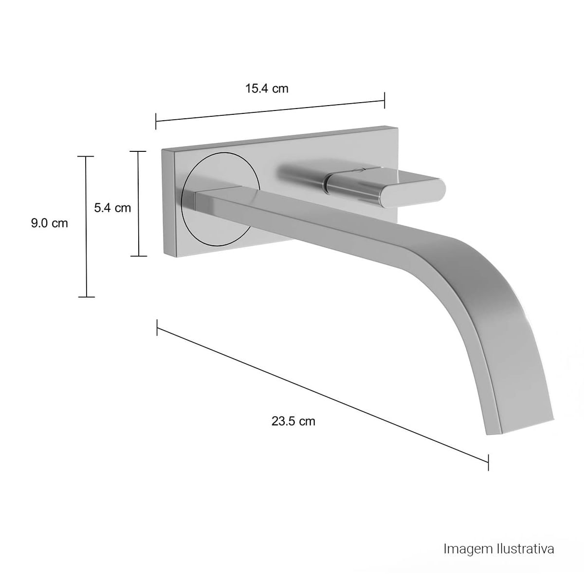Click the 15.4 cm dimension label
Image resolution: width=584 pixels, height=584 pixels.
(266, 89)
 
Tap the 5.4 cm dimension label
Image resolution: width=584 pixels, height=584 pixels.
(112, 208)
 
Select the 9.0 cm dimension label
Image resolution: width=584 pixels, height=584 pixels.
(50, 223)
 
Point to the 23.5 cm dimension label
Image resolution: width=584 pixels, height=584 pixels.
(293, 421)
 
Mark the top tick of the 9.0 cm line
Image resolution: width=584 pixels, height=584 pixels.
(86, 156)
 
